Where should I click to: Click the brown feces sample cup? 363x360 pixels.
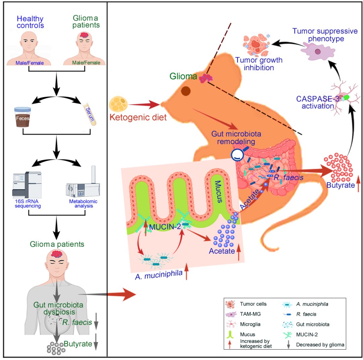(x=23, y=117)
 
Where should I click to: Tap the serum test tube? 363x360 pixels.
(x=90, y=114)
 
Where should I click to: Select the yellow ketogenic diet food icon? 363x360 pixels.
(x=118, y=104)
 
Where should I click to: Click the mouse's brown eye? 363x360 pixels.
(x=186, y=91)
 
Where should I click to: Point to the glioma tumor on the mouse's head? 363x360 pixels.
(x=206, y=78)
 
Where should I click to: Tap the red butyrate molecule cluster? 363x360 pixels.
(x=338, y=167)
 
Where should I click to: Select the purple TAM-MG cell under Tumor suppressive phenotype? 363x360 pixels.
(x=318, y=52)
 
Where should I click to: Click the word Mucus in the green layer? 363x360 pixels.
(x=218, y=192)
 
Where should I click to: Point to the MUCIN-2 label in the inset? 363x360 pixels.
(x=165, y=227)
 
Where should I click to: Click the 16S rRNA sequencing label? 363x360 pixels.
(x=27, y=204)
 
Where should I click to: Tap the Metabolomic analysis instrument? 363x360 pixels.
(x=83, y=182)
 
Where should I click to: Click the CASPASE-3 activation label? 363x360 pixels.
(x=318, y=102)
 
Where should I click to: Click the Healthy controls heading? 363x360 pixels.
(x=30, y=22)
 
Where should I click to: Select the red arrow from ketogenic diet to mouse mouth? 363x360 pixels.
(x=144, y=105)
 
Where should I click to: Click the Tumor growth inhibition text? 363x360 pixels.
(x=259, y=64)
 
